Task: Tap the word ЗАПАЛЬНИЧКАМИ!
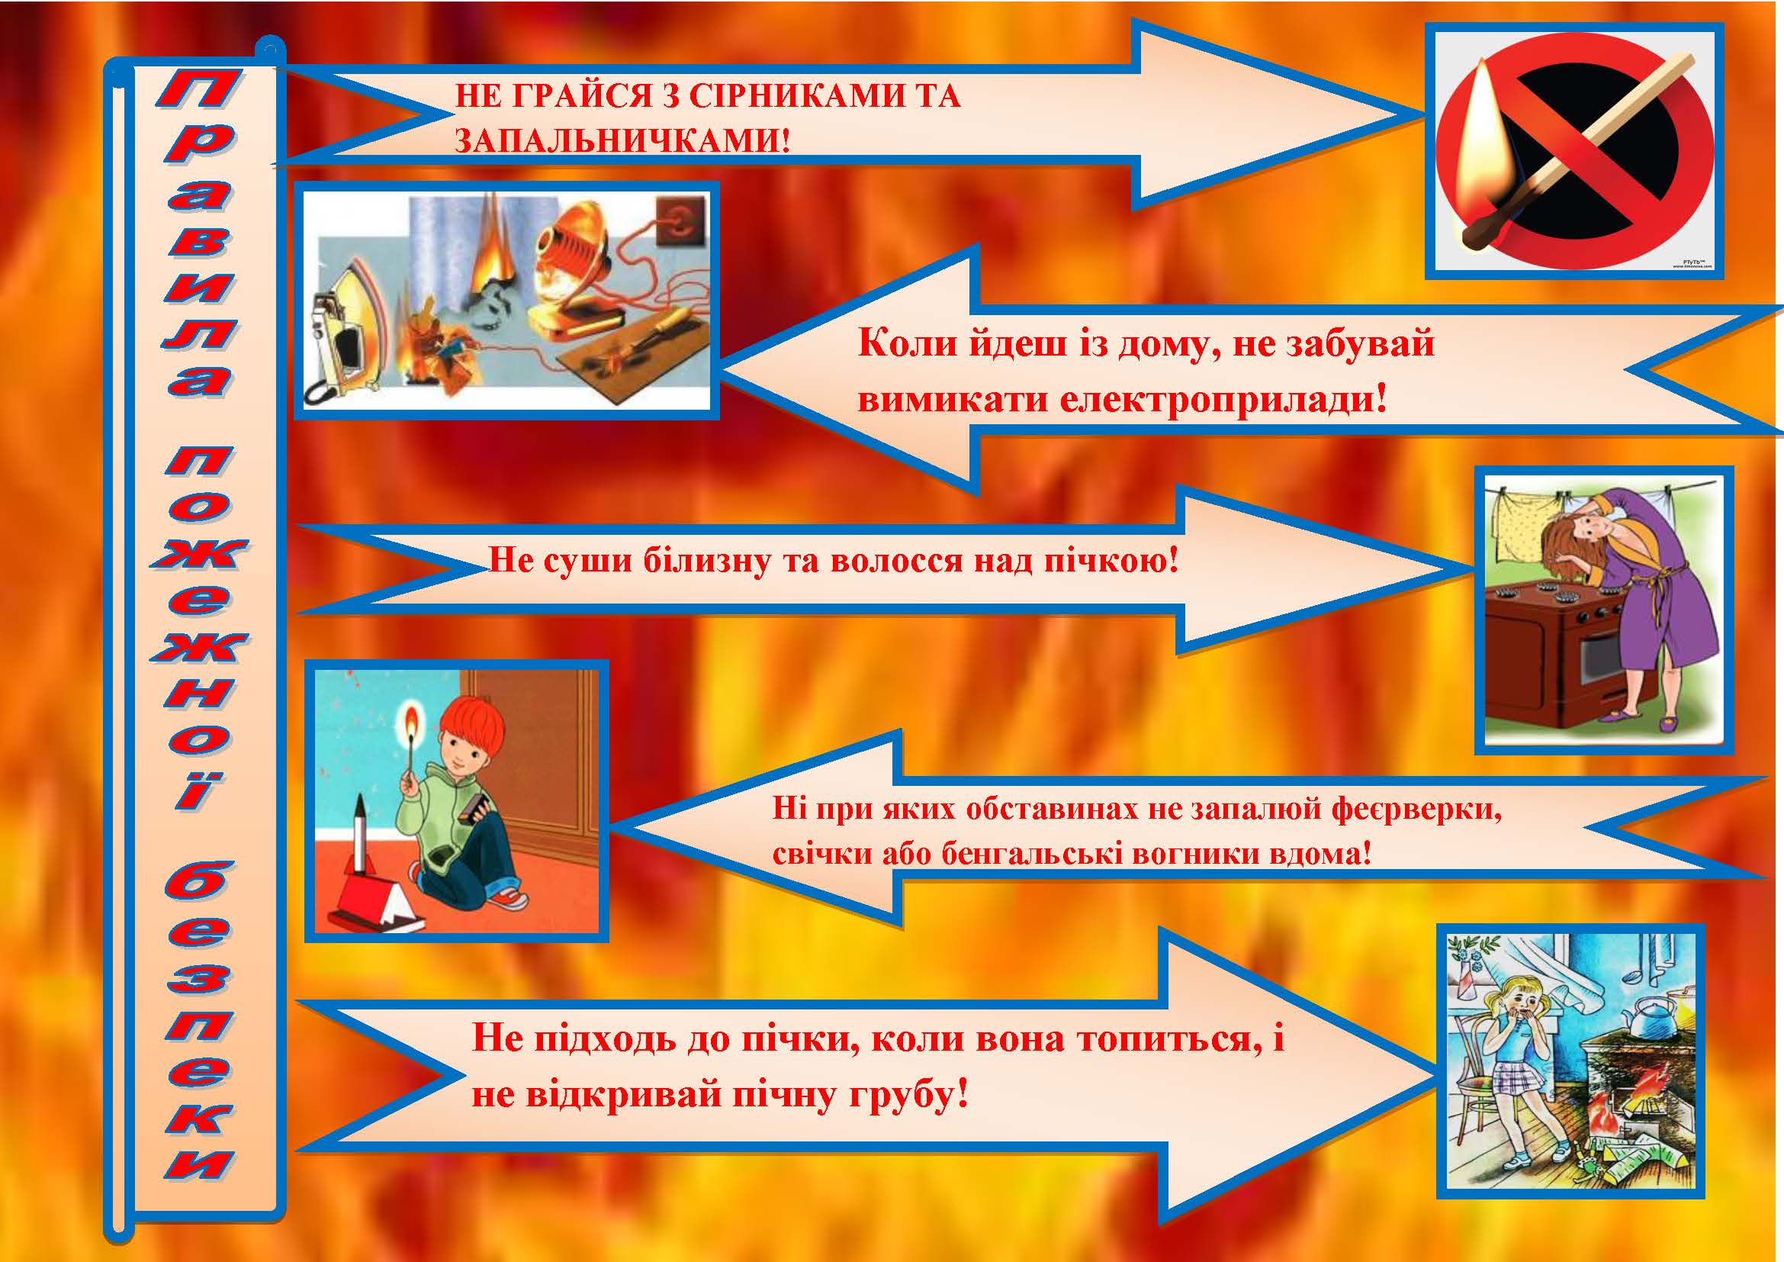622,140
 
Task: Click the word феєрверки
1416,810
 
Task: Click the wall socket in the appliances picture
680,221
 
